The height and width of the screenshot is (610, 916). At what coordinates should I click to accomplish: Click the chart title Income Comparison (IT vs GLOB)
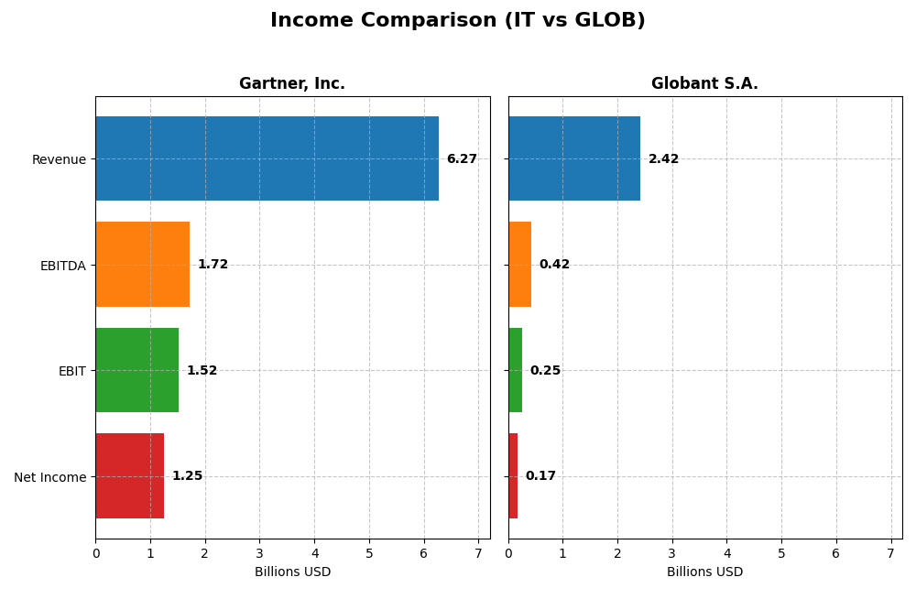tap(457, 20)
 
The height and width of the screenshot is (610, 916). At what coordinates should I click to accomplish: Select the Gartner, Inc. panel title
tap(292, 83)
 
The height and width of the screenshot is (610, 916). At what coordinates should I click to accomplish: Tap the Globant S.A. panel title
tap(704, 83)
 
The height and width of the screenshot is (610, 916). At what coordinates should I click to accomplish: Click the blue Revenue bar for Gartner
tap(267, 158)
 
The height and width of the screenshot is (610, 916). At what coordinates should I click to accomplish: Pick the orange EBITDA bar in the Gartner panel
tap(142, 264)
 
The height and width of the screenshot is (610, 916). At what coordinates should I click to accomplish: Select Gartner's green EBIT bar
tap(136, 370)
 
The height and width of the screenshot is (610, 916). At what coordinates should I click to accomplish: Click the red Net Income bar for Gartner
tap(129, 475)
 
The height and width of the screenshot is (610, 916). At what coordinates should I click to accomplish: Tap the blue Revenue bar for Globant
tap(574, 158)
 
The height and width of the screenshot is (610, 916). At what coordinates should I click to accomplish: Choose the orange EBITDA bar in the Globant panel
tap(519, 264)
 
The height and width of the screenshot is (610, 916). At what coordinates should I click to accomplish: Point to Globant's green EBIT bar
tap(515, 370)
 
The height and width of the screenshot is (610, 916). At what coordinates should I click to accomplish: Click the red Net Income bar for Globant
tap(513, 475)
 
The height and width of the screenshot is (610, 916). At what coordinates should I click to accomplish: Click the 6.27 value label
tap(462, 159)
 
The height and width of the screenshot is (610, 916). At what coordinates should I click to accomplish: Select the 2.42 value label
tap(663, 159)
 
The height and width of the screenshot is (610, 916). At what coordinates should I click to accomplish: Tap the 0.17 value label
tap(540, 476)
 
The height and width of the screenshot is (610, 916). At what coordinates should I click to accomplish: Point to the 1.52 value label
tap(202, 371)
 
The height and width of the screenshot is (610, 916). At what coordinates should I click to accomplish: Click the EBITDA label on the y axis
tap(62, 266)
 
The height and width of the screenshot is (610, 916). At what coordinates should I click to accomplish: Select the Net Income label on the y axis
tap(49, 477)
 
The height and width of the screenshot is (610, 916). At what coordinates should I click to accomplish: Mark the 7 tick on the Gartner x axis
tap(478, 553)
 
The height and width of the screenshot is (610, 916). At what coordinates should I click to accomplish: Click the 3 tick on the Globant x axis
tap(672, 553)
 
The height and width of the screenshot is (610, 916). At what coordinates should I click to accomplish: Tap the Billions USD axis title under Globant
tap(704, 572)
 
